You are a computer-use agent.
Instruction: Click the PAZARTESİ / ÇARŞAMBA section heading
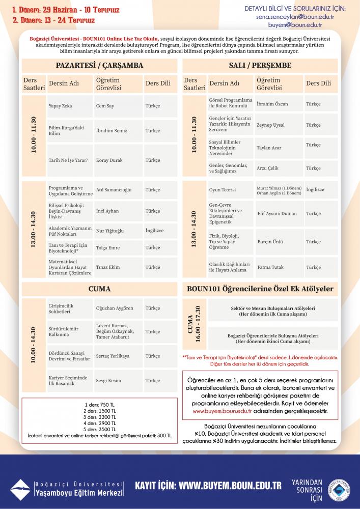[99, 66]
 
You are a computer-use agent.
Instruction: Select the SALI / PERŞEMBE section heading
[260, 66]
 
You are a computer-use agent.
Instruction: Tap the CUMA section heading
[99, 289]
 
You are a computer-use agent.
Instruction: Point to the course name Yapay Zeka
[60, 106]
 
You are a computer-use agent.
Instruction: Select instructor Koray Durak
[109, 160]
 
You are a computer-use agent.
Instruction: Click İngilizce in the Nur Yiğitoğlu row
[154, 231]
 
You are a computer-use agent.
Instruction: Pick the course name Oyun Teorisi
[223, 190]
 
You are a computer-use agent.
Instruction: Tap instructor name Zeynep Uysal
[270, 125]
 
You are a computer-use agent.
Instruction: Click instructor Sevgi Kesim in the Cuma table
[108, 381]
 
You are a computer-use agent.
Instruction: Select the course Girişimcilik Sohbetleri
[61, 308]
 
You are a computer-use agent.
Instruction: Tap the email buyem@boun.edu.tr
[293, 24]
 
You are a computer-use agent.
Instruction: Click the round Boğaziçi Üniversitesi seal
[338, 490]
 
